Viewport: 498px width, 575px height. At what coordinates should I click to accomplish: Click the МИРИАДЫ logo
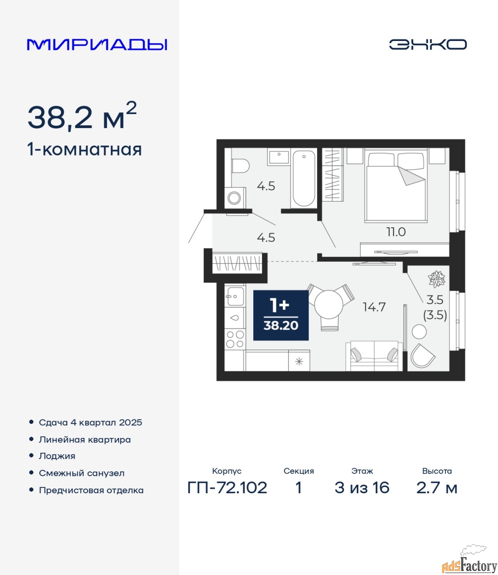click(97, 45)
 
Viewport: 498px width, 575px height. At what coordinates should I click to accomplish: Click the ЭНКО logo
click(427, 44)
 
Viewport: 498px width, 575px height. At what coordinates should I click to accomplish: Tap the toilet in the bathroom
click(241, 165)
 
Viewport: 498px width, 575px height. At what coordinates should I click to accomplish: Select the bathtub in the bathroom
click(304, 178)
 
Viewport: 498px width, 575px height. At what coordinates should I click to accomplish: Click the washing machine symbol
click(235, 198)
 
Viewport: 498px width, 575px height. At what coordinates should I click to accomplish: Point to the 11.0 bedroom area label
click(396, 232)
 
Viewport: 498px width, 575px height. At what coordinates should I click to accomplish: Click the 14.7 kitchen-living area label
click(374, 307)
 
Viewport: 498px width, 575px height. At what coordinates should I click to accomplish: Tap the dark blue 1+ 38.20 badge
click(281, 315)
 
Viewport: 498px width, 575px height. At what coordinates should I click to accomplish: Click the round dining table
click(329, 304)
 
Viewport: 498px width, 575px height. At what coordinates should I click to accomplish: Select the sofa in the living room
click(374, 356)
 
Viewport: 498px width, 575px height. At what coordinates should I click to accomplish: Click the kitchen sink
click(235, 296)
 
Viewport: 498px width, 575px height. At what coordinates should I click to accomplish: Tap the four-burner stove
click(235, 339)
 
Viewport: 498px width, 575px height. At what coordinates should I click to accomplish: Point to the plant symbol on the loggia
click(436, 279)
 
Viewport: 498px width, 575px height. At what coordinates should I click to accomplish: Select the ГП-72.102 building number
click(227, 488)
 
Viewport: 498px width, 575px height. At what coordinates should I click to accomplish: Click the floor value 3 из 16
click(362, 488)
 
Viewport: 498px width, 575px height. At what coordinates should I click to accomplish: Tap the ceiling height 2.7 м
click(436, 488)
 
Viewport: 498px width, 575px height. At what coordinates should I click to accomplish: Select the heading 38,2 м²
click(82, 116)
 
